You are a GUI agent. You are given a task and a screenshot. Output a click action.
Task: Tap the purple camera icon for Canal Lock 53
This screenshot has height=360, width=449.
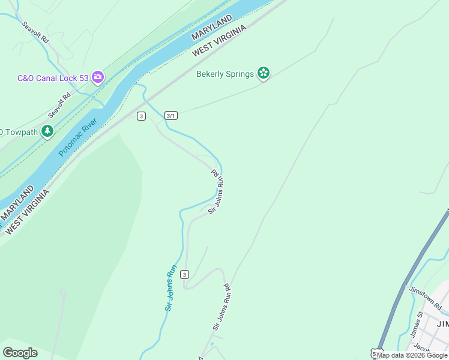coord(98,77)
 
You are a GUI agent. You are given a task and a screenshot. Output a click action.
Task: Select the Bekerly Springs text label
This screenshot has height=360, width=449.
coord(225,74)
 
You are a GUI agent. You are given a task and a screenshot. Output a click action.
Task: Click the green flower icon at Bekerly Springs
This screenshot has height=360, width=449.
coord(263,73)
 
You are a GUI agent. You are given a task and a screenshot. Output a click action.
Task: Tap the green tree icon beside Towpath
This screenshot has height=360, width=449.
coord(47,131)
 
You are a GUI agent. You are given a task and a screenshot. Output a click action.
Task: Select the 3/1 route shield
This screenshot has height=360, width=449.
coord(170,116)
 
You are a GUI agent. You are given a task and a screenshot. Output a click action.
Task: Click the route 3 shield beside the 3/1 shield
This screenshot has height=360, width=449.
coord(141,116)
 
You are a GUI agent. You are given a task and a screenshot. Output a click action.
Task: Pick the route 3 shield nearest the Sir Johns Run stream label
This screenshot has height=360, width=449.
coord(185,274)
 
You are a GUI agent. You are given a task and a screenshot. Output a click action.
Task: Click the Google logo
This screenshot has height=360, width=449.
coord(20,353)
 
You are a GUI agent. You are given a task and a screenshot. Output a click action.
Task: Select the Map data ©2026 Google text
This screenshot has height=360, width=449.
coord(412,355)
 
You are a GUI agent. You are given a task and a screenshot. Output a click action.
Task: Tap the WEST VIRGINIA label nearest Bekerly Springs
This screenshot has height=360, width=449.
coord(220,41)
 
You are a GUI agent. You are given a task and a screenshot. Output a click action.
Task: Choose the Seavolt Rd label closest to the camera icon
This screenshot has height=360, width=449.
coord(60,103)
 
